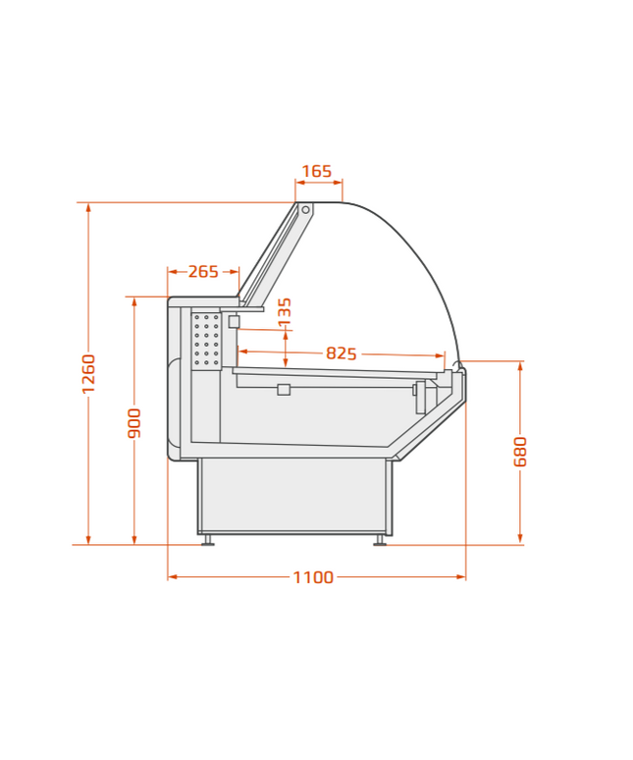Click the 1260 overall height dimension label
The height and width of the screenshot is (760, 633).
[x=88, y=374]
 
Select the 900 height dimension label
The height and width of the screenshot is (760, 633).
[x=134, y=423]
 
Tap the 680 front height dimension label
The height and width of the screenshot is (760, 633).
[x=520, y=452]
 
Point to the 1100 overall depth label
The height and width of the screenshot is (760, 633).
[x=313, y=576]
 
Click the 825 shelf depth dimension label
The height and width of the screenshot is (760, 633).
[x=341, y=353]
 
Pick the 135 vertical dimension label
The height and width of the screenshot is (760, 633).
[x=285, y=311]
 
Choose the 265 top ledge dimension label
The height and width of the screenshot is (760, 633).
[x=203, y=271]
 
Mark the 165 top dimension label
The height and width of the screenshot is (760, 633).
[x=317, y=171]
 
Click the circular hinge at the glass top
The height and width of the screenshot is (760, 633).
[x=305, y=210]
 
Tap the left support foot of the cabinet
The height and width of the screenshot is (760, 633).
[x=208, y=539]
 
